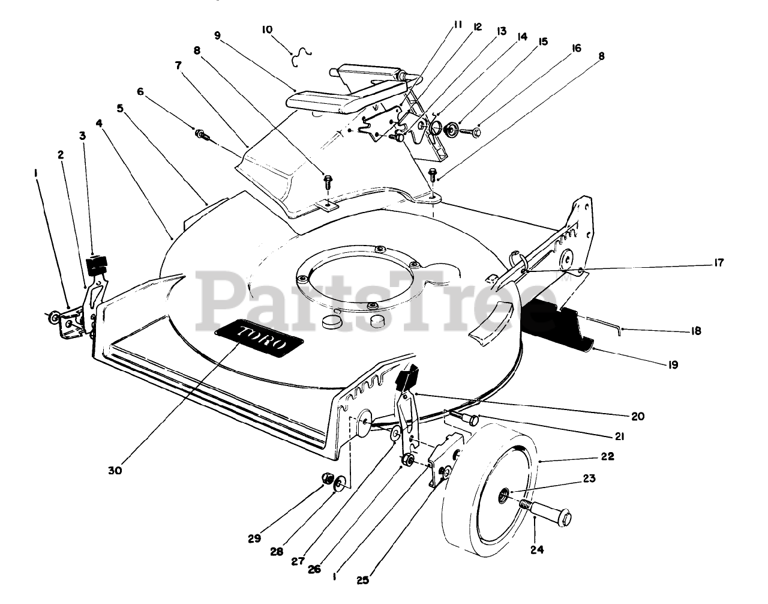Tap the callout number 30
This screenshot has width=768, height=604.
[115, 471]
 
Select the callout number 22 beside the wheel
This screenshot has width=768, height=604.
[607, 456]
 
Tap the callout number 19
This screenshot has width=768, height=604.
[673, 364]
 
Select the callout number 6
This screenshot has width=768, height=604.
[140, 91]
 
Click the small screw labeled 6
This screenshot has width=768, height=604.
[201, 133]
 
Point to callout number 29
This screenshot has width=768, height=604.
[254, 539]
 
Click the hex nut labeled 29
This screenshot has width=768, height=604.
[328, 478]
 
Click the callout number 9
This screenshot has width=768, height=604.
[217, 35]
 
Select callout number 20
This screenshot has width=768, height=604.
[637, 415]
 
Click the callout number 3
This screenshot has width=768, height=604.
[82, 136]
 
